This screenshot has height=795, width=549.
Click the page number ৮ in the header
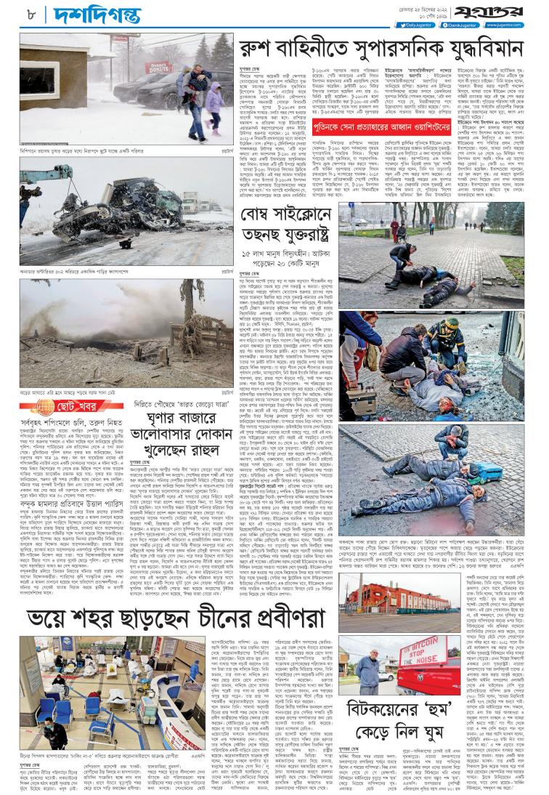pyautogui.click(x=32, y=12)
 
